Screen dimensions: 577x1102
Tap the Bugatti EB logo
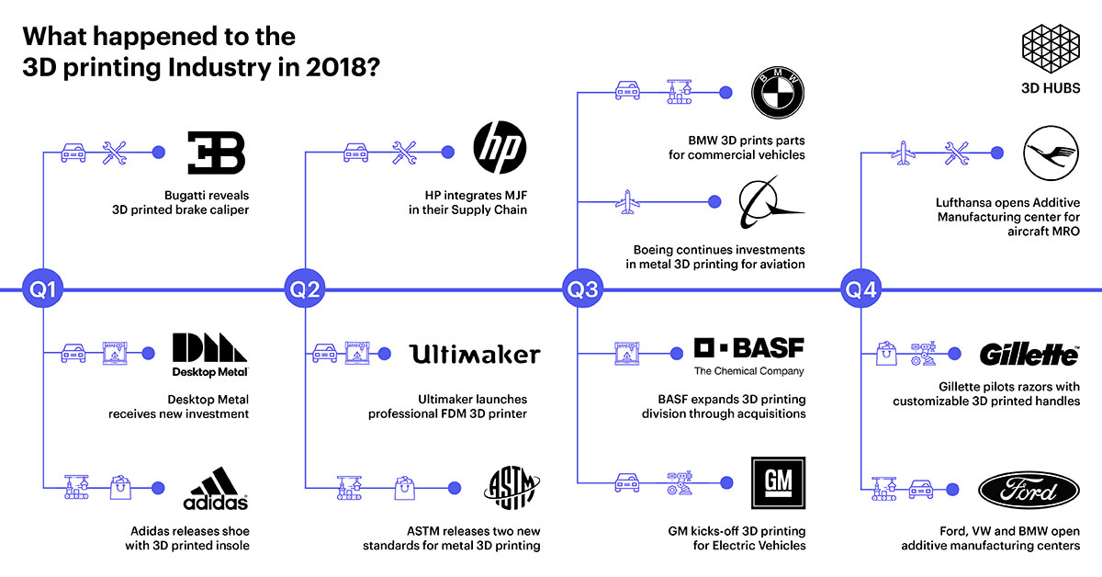tap(216, 153)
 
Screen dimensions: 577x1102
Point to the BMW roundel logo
tap(777, 93)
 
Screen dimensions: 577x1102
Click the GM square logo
tap(777, 482)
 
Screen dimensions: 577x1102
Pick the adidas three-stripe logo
tap(216, 488)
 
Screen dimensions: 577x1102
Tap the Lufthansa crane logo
tap(1051, 153)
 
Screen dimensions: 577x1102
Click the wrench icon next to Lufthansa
tap(957, 153)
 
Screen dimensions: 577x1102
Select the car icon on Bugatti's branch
tap(74, 153)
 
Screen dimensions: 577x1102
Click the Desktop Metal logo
tap(210, 355)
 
